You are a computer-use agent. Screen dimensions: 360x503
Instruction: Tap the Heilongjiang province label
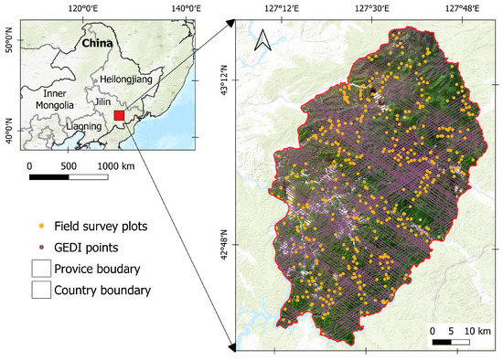coord(135,79)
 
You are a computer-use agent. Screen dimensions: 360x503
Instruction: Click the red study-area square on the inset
coord(119,116)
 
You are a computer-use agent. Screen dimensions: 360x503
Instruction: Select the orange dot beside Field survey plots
coord(40,226)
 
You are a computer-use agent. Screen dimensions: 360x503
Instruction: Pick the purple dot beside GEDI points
coord(40,247)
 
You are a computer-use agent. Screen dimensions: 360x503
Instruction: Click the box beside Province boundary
coord(40,268)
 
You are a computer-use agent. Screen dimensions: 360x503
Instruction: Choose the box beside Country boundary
coord(40,290)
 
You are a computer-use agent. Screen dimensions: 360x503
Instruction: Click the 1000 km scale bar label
coord(115,166)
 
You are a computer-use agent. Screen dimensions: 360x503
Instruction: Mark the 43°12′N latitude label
coord(232,84)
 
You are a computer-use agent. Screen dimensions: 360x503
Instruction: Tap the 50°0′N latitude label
coord(9,42)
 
